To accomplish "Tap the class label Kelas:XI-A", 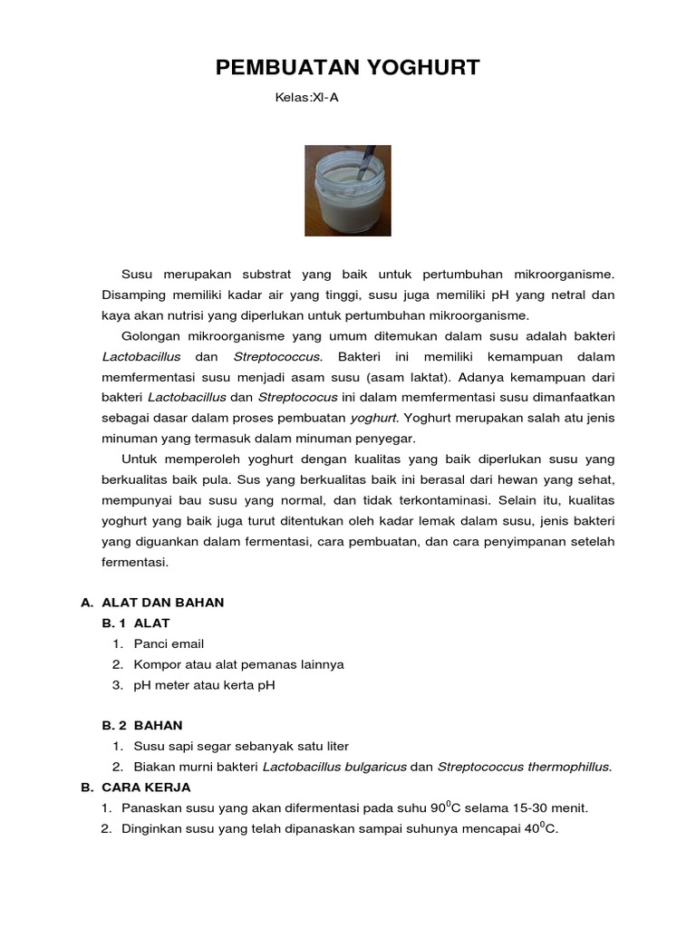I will pos(306,98).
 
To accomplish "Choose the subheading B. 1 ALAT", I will pos(136,623).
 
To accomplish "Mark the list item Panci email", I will pos(169,644).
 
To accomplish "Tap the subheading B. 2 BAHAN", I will pos(142,726).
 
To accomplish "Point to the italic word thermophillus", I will pos(567,768).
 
